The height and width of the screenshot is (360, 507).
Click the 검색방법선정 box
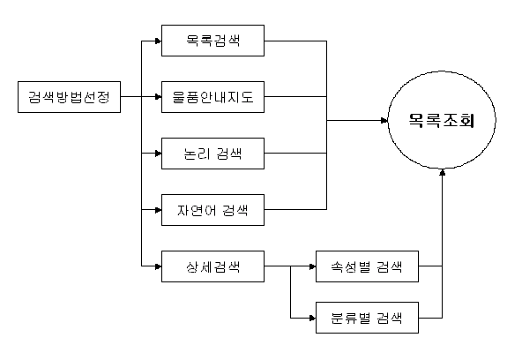69,97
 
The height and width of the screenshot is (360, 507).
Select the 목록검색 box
212,41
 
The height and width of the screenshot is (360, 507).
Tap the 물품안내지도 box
212,97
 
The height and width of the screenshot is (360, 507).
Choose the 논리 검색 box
212,154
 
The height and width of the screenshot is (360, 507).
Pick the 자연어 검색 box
212,210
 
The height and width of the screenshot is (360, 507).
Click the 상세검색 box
212,266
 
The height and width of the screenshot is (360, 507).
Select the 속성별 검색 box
367,266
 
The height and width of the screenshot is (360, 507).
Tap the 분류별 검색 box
367,318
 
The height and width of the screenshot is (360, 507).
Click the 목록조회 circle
442,120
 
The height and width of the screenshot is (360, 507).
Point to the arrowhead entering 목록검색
159,41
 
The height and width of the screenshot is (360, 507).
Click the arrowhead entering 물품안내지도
159,97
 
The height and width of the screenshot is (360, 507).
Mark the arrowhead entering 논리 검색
159,154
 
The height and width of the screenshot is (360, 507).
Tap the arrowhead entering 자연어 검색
159,210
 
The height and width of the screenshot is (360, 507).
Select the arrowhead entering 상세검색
159,266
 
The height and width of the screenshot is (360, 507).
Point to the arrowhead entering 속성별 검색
313,266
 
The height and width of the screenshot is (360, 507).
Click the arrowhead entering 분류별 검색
313,318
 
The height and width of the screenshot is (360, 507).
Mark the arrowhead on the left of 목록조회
384,121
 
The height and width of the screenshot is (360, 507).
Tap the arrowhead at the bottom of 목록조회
443,172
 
